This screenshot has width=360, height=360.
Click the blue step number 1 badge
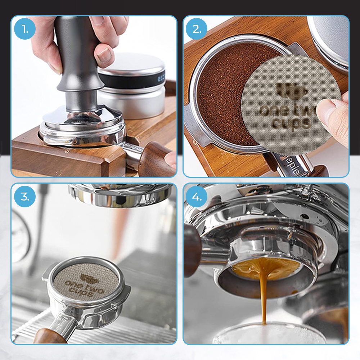25,28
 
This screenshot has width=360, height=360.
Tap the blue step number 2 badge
197,28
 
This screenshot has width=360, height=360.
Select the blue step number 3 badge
25,196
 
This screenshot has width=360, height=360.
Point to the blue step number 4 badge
197,196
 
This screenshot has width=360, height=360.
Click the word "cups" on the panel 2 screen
290,124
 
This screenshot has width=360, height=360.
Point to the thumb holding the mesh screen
331,115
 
